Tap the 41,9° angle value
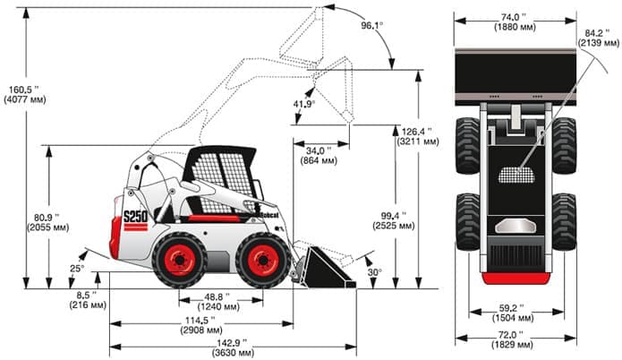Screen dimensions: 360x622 pyautogui.click(x=303, y=104)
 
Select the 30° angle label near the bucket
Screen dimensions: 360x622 pyautogui.click(x=373, y=271)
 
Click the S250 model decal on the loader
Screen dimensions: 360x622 pyautogui.click(x=134, y=218)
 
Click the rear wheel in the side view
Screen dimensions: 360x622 pyautogui.click(x=179, y=260)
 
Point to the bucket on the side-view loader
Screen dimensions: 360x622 pyautogui.click(x=323, y=267)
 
